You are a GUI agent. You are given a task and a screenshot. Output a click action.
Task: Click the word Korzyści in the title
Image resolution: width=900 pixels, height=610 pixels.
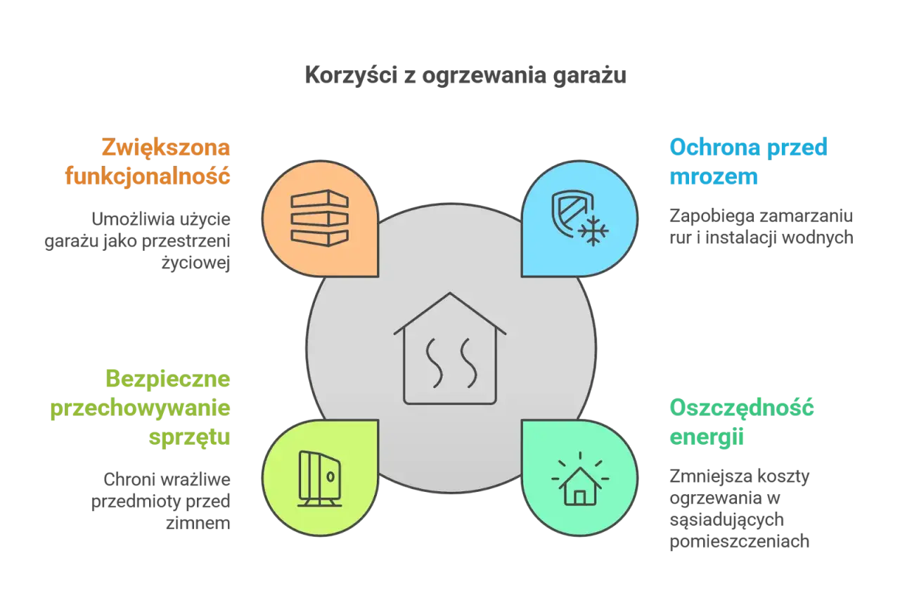coord(351,74)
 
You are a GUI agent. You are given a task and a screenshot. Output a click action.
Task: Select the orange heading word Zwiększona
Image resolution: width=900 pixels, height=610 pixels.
coord(166,148)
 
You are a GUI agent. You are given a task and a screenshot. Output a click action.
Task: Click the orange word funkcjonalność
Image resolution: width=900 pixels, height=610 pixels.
coord(148,176)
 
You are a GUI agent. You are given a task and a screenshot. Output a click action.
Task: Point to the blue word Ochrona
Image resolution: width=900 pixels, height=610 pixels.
coord(715,147)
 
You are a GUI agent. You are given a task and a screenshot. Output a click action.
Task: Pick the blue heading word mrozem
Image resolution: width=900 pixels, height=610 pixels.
coord(714,176)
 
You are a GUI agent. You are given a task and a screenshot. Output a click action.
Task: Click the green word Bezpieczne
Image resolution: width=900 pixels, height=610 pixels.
coord(168,379)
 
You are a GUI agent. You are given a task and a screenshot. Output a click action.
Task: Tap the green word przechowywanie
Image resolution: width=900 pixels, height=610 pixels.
coord(140,408)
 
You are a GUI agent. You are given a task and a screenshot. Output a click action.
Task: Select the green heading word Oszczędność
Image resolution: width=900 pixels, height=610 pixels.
coord(742,408)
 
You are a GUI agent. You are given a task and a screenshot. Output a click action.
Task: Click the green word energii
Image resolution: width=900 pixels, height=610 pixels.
coord(707,437)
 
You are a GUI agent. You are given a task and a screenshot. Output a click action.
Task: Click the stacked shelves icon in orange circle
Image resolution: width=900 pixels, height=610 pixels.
coord(320,218)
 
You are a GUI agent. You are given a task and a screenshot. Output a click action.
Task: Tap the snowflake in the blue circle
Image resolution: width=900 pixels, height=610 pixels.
coord(593,231)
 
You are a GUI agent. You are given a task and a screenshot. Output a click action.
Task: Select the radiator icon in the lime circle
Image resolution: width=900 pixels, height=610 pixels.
coord(320,479)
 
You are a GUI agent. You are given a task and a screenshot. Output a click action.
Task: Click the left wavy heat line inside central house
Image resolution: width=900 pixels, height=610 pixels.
coord(435,363)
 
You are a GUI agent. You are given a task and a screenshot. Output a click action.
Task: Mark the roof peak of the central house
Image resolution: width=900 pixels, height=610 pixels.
coord(450,293)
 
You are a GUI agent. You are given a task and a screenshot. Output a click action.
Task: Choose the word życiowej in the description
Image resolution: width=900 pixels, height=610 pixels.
coord(195,264)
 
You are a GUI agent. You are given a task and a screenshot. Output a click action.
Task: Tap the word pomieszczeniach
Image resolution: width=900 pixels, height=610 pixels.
coord(739,542)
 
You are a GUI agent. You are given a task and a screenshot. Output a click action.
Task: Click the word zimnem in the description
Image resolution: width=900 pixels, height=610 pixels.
coord(198,524)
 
